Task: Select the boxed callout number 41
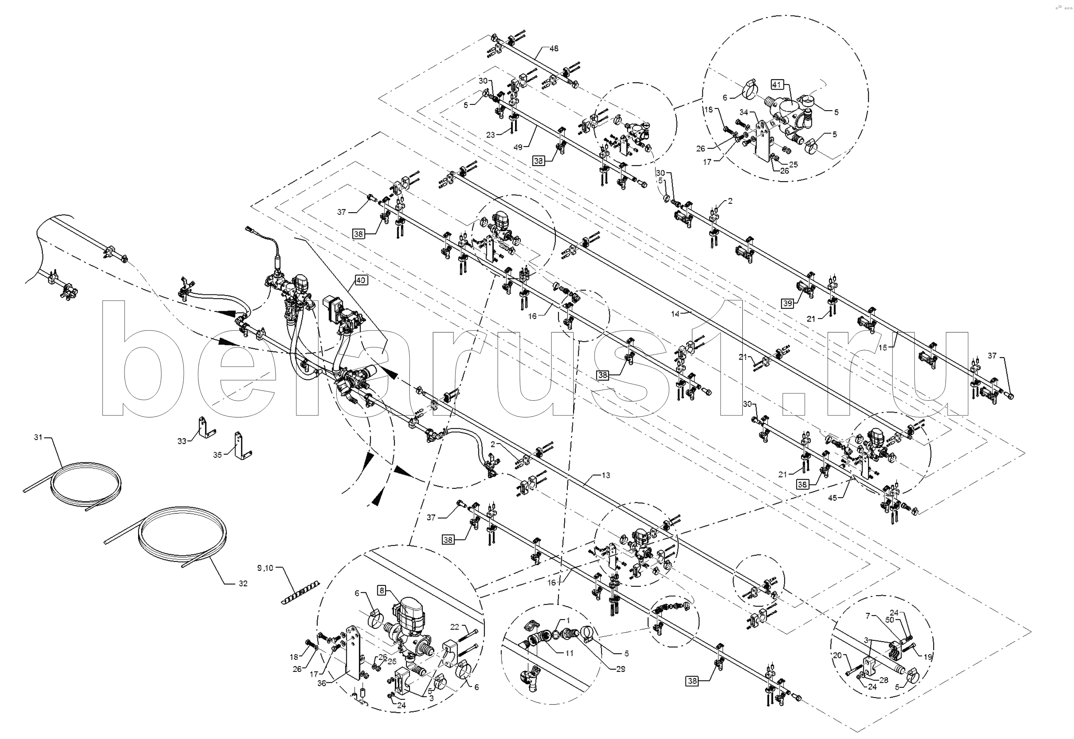[777, 84]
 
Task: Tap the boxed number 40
[361, 280]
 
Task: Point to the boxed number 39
[787, 304]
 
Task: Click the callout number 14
[675, 313]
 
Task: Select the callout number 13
[606, 475]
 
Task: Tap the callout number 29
[620, 669]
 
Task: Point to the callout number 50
[889, 620]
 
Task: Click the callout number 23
[491, 135]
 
